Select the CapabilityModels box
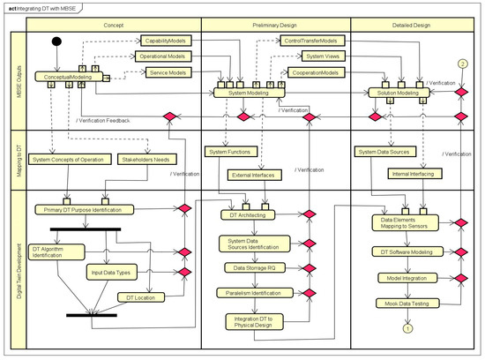pos(168,41)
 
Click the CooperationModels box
pos(314,72)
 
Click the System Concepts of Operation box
pos(66,160)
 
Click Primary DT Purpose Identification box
pos(85,210)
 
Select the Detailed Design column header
pos(411,24)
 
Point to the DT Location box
pos(141,297)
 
